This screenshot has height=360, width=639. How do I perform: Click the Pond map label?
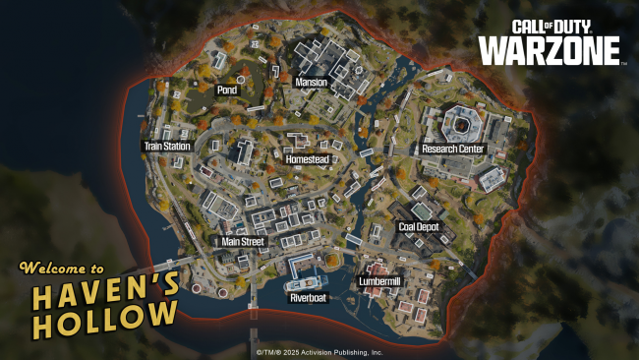point(227,90)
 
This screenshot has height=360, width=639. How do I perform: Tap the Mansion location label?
point(311,83)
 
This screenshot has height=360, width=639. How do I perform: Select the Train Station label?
point(167,147)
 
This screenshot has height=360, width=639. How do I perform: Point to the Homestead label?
point(307,158)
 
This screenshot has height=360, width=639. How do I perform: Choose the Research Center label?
point(453,149)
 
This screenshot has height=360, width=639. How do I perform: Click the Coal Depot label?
point(418,226)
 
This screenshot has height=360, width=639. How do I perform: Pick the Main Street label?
point(243,241)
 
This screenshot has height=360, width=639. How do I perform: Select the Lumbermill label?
point(380,281)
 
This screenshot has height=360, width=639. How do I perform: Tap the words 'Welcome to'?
point(61,268)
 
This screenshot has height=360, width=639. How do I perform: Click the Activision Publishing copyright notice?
point(319,351)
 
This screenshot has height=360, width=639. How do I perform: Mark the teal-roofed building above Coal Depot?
point(421,210)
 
